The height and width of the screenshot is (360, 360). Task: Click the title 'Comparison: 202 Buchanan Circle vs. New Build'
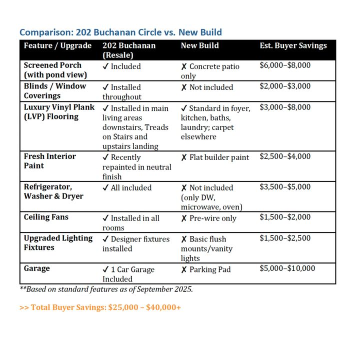coord(120,32)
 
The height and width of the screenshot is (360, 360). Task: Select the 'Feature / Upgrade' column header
coord(57,45)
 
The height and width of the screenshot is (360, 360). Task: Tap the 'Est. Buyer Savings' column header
coord(293,45)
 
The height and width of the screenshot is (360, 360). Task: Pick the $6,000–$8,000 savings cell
coord(285,65)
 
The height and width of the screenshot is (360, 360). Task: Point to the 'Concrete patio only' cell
coord(210,71)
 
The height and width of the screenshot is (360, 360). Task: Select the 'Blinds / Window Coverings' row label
coord(55,91)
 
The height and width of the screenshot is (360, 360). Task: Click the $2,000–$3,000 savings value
coord(285,86)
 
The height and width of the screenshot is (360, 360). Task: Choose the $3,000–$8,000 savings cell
coord(285,107)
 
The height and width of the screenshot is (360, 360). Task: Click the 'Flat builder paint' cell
coord(214,157)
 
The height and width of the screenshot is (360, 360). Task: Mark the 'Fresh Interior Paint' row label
coord(50,161)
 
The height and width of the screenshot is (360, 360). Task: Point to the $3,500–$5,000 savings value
coord(285,187)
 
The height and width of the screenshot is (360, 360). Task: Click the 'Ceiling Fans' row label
coord(46,217)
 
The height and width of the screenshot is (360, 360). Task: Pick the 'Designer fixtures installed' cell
coord(136,243)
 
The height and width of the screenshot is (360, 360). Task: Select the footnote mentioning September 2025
coord(106,289)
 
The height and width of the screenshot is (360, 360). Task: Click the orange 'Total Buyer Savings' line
coord(100,307)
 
